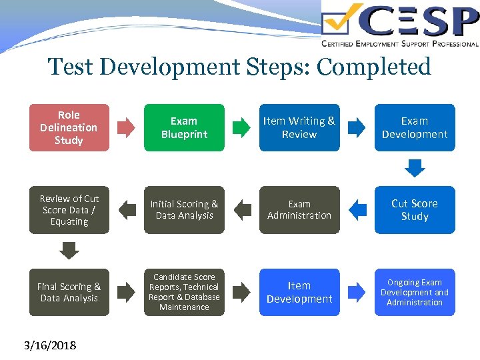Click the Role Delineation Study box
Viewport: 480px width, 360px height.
coord(69,127)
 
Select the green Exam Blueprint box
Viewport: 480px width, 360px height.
coord(184,127)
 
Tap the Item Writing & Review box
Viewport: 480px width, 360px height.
coord(299,127)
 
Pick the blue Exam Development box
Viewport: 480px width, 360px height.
coord(415,127)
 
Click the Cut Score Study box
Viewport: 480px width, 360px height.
coord(415,210)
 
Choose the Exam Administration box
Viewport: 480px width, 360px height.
coord(299,210)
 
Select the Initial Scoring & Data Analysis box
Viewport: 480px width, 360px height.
coord(184,210)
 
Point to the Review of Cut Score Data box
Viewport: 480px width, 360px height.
coord(69,210)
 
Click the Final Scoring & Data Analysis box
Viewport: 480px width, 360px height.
coord(69,292)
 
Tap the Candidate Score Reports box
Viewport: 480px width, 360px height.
coord(184,292)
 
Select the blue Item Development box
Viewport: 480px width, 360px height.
coord(299,292)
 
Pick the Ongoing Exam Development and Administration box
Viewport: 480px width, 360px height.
coord(415,292)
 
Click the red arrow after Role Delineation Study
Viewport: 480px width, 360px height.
coord(126,127)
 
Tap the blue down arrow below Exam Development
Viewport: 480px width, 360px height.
coord(415,167)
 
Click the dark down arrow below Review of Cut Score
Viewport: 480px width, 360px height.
coord(69,250)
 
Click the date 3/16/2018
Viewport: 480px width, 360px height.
coord(50,345)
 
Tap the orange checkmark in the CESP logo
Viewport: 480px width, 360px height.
coord(343,20)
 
